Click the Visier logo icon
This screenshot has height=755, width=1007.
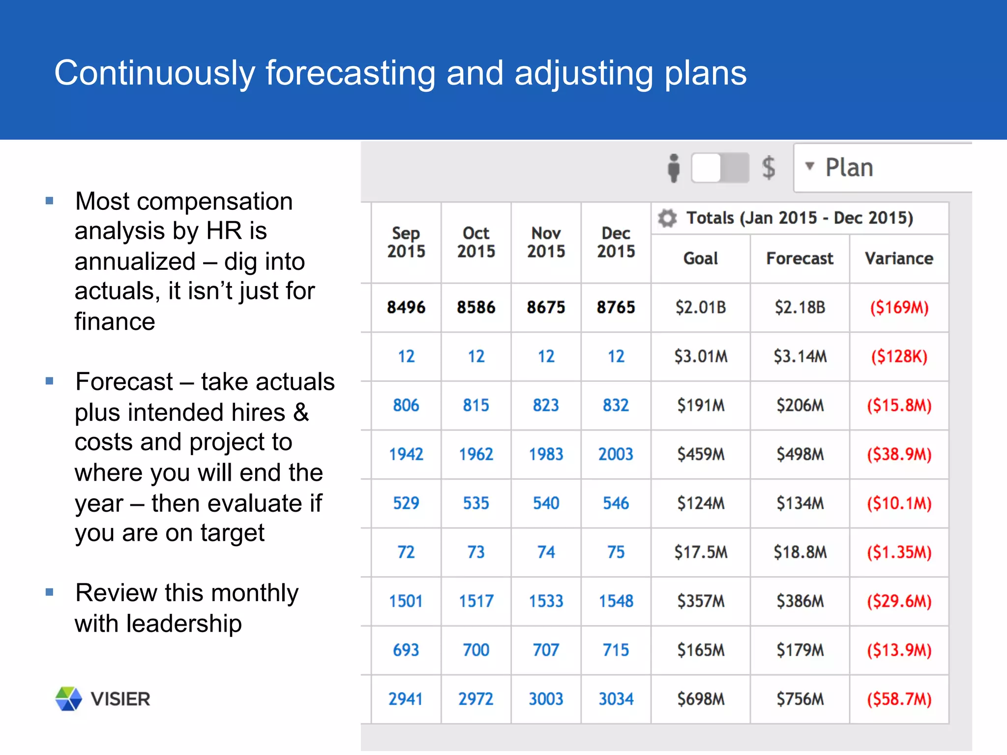68,698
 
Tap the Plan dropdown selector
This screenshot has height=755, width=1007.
880,168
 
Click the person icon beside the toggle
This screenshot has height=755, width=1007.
674,168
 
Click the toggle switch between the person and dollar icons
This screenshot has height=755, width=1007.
720,168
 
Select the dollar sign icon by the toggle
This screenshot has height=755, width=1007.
769,168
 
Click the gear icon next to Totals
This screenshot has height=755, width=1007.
667,218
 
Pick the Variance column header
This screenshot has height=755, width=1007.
899,259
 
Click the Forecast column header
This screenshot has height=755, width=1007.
800,259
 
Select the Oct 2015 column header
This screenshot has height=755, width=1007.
476,242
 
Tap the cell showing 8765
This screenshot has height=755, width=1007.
616,308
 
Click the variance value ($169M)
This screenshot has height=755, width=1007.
899,308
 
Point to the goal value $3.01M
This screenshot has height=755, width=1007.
701,356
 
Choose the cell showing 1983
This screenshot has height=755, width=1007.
546,454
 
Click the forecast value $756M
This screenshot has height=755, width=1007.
800,699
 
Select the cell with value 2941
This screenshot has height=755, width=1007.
406,699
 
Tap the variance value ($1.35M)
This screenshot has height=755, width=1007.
899,552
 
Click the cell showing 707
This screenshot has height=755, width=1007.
546,650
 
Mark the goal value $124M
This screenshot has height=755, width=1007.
701,503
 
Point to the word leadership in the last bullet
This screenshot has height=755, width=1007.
184,624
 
